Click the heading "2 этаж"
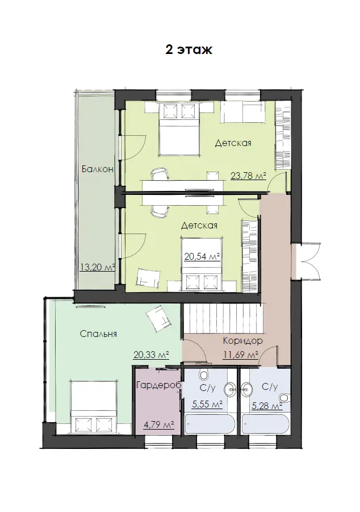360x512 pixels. [189, 49]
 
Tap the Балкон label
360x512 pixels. [98, 169]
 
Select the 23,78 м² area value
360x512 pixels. [248, 176]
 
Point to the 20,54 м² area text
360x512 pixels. [202, 257]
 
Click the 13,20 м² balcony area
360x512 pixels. [98, 268]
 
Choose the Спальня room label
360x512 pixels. [98, 334]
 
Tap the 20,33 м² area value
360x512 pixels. [151, 355]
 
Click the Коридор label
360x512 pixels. [243, 341]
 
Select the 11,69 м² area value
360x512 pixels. [241, 354]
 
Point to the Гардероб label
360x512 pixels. [158, 385]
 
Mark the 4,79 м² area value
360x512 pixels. [158, 425]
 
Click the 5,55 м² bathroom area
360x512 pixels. [207, 405]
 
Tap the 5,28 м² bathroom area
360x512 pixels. [267, 406]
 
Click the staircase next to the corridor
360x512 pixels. [223, 318]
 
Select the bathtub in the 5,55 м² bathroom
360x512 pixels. [210, 424]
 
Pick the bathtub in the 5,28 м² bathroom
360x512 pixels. [266, 424]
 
